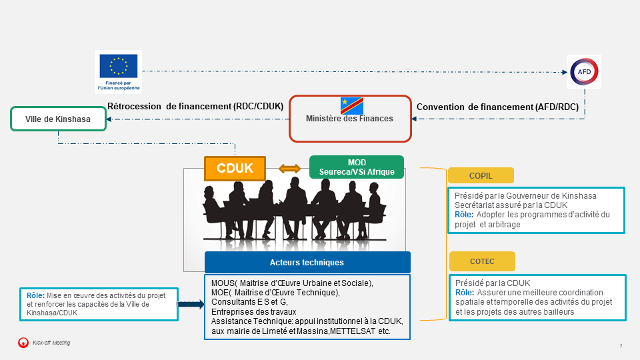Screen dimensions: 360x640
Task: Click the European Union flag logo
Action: [119, 66]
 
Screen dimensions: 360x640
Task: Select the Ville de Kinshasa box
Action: [58, 119]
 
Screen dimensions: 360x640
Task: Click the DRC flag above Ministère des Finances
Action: [351, 105]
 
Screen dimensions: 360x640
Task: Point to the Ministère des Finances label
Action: [349, 119]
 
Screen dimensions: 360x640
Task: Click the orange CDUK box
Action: [235, 169]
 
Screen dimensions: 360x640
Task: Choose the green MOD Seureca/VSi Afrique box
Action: [357, 167]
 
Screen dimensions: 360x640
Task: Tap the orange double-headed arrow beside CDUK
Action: [289, 169]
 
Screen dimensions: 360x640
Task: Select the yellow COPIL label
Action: [481, 175]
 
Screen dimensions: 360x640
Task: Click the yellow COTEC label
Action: [482, 261]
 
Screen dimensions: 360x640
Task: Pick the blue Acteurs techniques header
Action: [307, 262]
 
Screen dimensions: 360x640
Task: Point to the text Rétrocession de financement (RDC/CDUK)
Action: [195, 106]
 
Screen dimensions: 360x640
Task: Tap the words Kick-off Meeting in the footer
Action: [51, 343]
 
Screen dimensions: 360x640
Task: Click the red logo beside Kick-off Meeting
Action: [23, 343]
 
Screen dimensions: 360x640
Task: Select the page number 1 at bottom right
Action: [621, 346]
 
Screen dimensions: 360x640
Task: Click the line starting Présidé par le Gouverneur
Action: [525, 196]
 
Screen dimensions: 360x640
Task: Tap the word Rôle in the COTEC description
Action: [464, 293]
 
